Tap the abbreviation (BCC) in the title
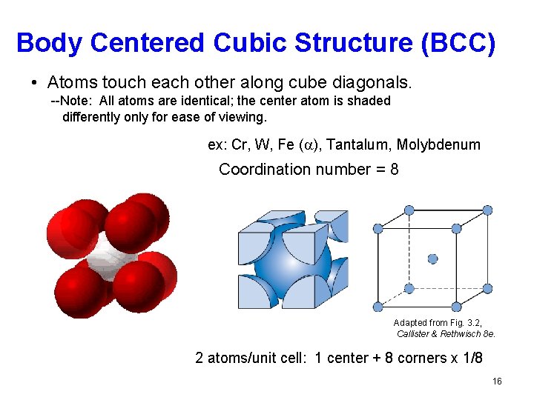456,43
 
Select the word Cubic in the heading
249,43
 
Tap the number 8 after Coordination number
394,169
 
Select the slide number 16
497,381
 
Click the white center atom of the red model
110,261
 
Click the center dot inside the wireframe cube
433,259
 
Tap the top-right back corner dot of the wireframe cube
487,210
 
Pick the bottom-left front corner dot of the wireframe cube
378,307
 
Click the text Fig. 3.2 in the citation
467,322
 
